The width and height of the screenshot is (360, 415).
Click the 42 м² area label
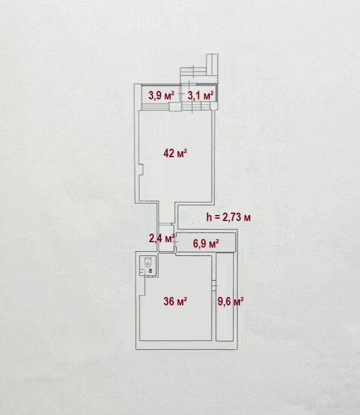175,153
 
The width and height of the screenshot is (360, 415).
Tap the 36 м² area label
175,301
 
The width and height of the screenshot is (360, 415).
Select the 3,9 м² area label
162,95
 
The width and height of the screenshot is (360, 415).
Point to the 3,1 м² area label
201,96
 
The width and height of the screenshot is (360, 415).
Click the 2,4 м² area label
162,239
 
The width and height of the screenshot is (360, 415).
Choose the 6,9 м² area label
206,243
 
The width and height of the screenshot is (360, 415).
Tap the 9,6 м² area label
231,301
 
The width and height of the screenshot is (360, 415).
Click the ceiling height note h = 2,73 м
229,217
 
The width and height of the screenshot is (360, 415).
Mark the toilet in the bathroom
148,262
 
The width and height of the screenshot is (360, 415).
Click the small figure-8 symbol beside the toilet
151,271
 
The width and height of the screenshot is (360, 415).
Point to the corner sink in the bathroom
142,272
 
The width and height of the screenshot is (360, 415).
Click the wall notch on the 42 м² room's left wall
141,169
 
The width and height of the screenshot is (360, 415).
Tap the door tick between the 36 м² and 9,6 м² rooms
215,286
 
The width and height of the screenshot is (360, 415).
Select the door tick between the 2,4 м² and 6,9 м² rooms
175,242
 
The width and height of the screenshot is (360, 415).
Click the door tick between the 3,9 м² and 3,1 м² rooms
181,94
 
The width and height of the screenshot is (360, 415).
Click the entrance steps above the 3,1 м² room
194,72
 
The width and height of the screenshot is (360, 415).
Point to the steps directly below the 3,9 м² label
155,107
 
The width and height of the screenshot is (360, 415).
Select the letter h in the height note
209,217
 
